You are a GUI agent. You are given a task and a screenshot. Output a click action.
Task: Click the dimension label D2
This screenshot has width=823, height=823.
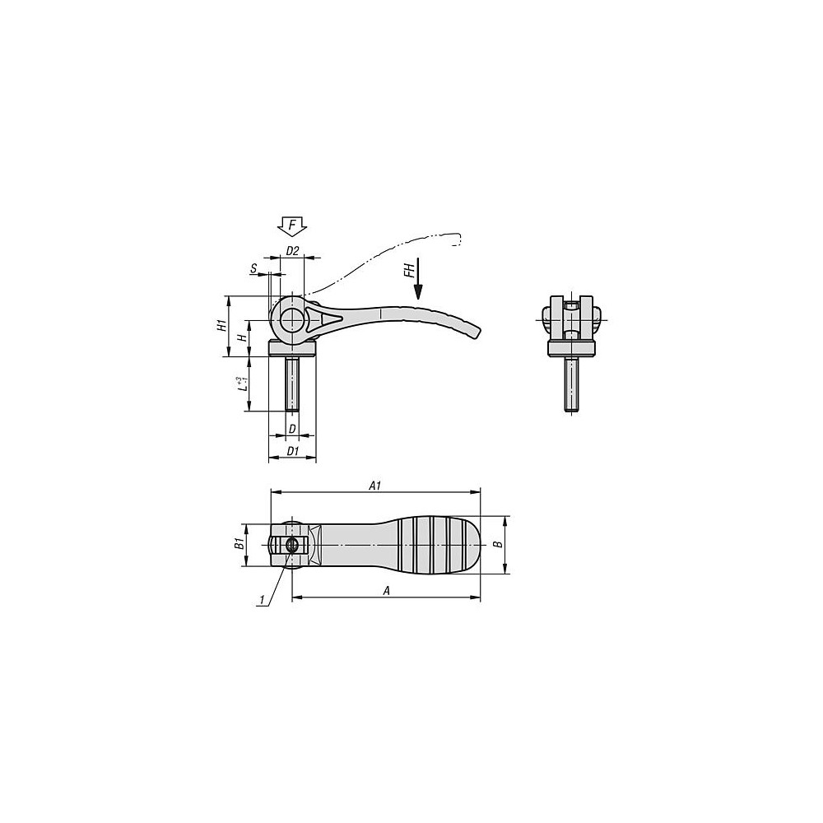[x=292, y=251]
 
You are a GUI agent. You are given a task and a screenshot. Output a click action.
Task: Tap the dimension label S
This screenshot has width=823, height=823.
[x=254, y=269]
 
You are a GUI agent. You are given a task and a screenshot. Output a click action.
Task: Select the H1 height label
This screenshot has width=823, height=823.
[x=222, y=325]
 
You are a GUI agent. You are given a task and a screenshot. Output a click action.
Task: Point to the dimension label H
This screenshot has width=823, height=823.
[x=242, y=338]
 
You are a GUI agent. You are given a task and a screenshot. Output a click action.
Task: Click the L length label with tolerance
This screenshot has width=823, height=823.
[x=241, y=384]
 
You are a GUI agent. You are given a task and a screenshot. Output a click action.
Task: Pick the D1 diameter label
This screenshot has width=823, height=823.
[x=292, y=451]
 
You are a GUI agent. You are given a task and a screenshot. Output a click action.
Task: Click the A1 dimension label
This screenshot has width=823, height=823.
[x=374, y=486]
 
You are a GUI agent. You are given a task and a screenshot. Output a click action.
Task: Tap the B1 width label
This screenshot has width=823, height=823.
[x=238, y=544]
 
